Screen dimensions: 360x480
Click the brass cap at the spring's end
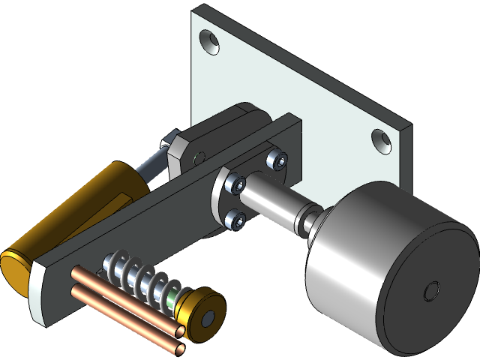196,307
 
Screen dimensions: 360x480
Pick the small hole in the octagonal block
199,157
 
